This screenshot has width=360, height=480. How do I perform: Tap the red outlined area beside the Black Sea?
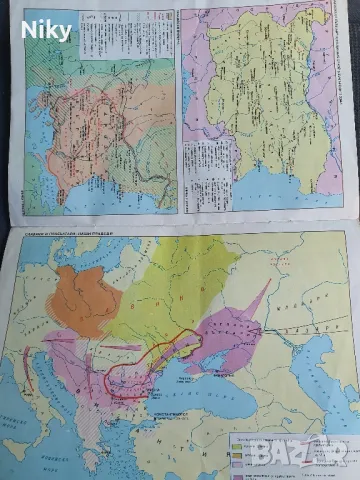pos(150,366)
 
